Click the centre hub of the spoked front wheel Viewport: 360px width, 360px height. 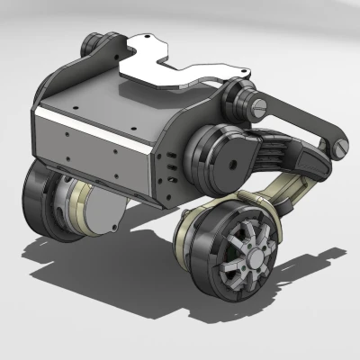(244, 256)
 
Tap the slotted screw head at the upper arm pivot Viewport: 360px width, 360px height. (260, 108)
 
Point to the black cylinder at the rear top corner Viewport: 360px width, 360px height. (91, 43)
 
